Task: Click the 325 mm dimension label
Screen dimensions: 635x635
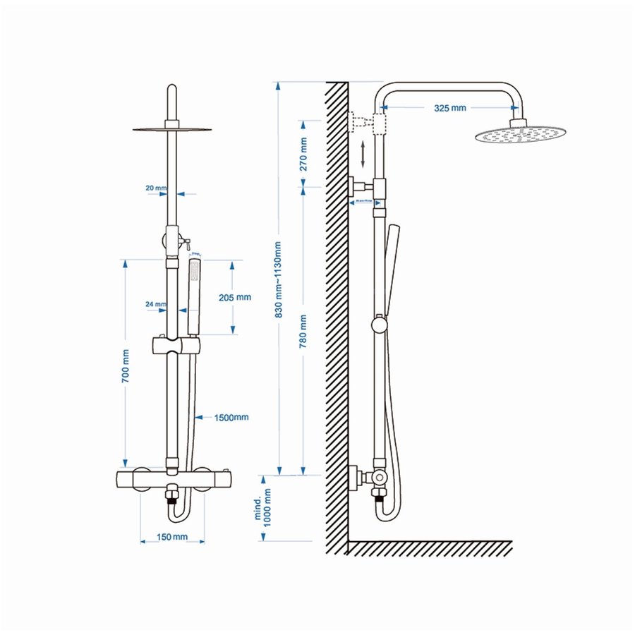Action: (449, 108)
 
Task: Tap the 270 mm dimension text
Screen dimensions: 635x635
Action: (303, 155)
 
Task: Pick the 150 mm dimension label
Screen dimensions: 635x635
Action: (172, 538)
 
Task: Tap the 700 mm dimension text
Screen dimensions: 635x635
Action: (126, 366)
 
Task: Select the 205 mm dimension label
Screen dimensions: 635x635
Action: (234, 297)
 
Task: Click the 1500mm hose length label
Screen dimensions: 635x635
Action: (231, 417)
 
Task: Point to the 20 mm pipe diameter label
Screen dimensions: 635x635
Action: (155, 188)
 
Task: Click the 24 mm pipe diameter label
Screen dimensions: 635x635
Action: (155, 305)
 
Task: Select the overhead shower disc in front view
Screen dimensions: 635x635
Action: (171, 129)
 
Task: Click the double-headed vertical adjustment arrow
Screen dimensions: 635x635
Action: (363, 154)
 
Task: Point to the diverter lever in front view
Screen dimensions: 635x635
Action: (185, 242)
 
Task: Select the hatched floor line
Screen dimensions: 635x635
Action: (430, 548)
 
